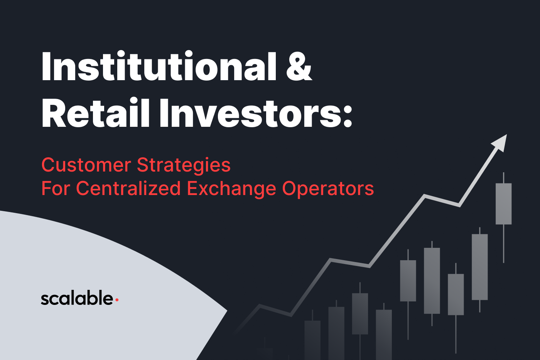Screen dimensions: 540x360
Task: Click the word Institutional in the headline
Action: (x=159, y=66)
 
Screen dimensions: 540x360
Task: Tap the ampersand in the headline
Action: (x=299, y=66)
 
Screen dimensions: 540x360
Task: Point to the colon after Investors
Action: (x=348, y=115)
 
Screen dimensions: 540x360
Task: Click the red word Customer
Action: (x=86, y=165)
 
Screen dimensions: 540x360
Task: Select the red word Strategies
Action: (x=184, y=166)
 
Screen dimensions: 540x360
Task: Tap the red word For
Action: (x=56, y=188)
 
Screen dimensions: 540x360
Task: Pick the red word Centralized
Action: (x=128, y=188)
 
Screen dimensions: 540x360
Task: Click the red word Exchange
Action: (x=231, y=189)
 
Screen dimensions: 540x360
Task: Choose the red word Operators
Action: (x=328, y=189)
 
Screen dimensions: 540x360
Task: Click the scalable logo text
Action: (x=77, y=298)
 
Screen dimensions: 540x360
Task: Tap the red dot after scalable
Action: (x=117, y=300)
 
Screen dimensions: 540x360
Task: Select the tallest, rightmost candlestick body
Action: (x=504, y=204)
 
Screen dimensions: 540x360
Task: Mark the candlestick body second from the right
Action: (x=480, y=267)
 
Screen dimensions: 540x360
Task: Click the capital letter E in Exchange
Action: (x=192, y=188)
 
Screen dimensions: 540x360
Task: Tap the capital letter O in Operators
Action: (x=290, y=188)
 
